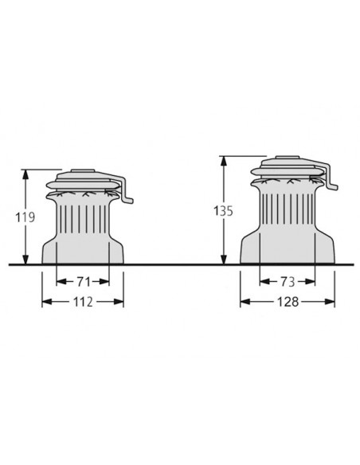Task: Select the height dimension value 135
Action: pyautogui.click(x=211, y=212)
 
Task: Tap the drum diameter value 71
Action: pyautogui.click(x=83, y=281)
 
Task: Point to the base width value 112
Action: pyautogui.click(x=83, y=302)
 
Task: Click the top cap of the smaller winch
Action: pyautogui.click(x=83, y=172)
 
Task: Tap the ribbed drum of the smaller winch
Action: pyautogui.click(x=83, y=215)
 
